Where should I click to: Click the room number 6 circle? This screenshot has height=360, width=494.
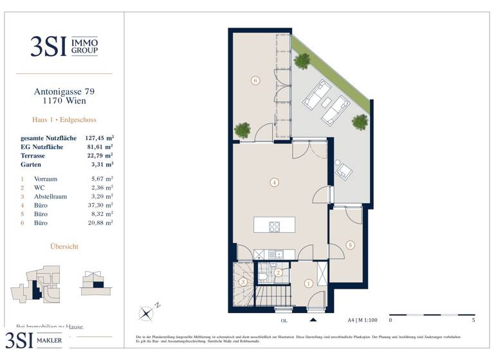pos(255,81)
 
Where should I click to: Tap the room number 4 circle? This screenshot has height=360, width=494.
pos(274,183)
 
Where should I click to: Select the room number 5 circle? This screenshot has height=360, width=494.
pos(350,245)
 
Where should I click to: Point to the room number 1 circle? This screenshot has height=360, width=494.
pos(308,283)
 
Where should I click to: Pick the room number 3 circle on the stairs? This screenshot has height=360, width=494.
pos(242,282)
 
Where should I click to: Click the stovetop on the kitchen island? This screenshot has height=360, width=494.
pos(274,226)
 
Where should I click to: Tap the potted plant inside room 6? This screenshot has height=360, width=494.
pos(242,130)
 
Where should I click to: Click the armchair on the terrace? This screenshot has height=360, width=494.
pos(344,170)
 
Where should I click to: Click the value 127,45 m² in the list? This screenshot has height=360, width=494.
pos(99,138)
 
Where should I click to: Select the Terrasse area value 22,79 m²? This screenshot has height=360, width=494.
pos(100,156)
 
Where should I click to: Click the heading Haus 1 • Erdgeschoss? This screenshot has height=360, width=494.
pos(64,120)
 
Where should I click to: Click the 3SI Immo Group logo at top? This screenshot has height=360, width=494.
pos(64,46)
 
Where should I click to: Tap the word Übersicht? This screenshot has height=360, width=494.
pos(64,246)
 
